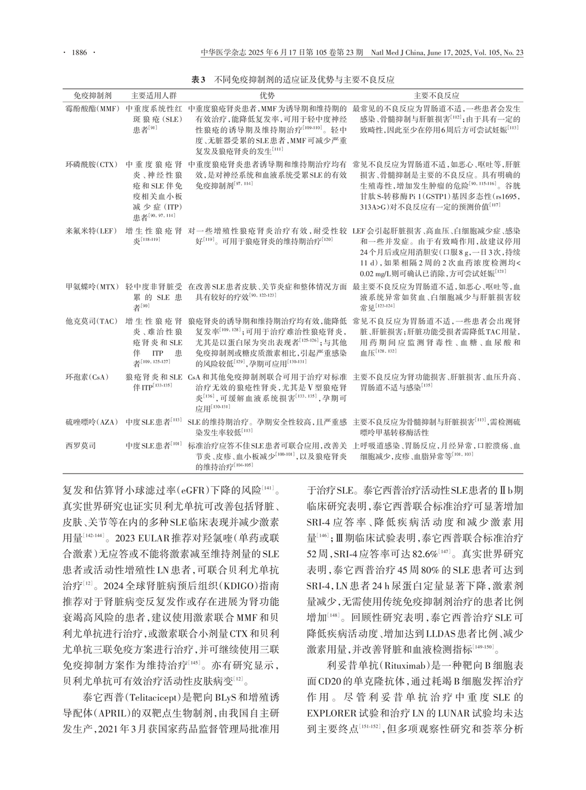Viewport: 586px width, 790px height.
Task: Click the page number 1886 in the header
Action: pos(79,53)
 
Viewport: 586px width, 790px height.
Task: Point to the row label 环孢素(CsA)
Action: pos(86,377)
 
